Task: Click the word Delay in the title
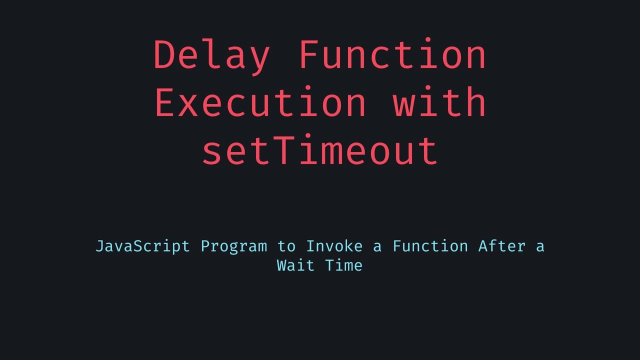[211, 55]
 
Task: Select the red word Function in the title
[392, 55]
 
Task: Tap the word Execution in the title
[260, 102]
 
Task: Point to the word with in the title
[439, 102]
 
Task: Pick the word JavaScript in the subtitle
[142, 246]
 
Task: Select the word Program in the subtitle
[234, 246]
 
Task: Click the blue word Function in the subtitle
[430, 246]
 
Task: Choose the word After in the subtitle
[501, 246]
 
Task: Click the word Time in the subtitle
[344, 265]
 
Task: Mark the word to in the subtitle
[286, 246]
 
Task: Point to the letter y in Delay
[259, 58]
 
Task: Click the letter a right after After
[539, 247]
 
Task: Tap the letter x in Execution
[188, 104]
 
